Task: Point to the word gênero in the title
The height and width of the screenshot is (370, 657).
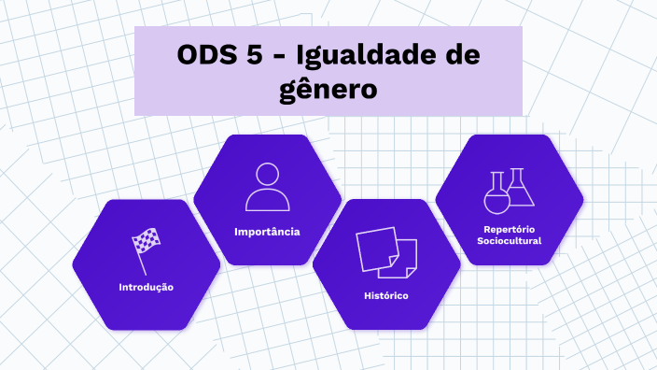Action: (328, 90)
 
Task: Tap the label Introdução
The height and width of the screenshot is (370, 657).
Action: (146, 287)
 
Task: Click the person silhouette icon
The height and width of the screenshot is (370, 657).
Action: (267, 186)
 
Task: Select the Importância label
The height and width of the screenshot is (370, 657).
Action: (267, 231)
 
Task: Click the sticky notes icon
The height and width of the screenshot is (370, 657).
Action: (386, 251)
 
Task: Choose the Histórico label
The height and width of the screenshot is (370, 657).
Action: (386, 296)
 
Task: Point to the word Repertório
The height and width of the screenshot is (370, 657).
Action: (509, 229)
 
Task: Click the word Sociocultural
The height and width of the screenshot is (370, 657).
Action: (509, 240)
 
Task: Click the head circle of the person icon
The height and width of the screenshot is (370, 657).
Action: (267, 175)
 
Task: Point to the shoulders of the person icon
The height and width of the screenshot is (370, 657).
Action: (267, 200)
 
